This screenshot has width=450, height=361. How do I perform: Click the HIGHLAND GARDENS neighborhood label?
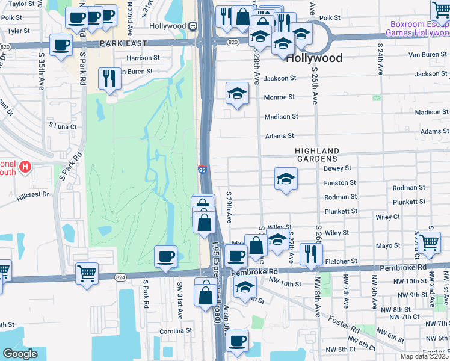coord(317,155)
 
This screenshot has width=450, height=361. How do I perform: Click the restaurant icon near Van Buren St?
coord(109,78)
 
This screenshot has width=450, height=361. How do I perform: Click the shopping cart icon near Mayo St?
coord(430,242)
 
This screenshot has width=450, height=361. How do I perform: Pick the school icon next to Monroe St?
coord(238,93)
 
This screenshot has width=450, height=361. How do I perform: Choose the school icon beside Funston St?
coord(286,178)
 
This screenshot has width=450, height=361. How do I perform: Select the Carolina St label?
coord(175,330)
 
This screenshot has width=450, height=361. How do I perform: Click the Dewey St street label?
coord(337,169)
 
